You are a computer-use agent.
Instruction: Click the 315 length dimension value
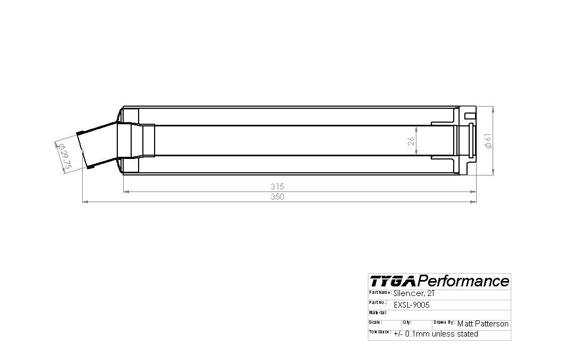pyautogui.click(x=277, y=186)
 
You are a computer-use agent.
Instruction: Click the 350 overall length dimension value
pyautogui.click(x=277, y=197)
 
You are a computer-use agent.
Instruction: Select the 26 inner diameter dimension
pyautogui.click(x=411, y=141)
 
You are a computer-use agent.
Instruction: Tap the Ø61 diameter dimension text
pyautogui.click(x=488, y=141)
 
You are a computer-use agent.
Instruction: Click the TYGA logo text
pyautogui.click(x=392, y=281)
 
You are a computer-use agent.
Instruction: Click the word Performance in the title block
pyautogui.click(x=463, y=281)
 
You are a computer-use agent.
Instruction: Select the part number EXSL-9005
pyautogui.click(x=412, y=305)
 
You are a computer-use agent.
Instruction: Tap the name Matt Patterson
pyautogui.click(x=482, y=324)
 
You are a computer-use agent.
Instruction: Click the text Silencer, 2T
pyautogui.click(x=414, y=293)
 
